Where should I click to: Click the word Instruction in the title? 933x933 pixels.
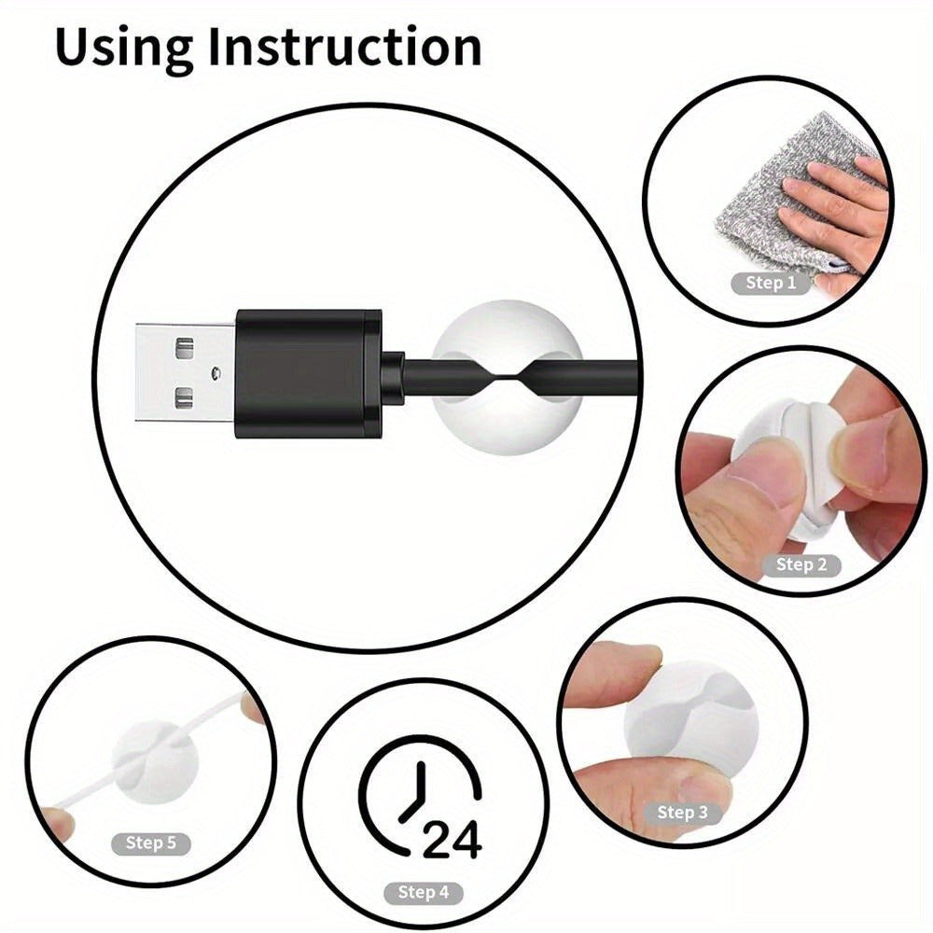tap(344, 47)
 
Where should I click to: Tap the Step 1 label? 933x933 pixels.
tap(772, 283)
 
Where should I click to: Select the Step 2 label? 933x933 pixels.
tap(801, 564)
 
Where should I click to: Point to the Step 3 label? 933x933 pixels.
tap(683, 813)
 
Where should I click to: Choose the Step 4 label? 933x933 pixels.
tap(423, 892)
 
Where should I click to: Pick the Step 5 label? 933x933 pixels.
tap(150, 843)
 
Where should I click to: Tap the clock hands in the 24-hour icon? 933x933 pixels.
tap(415, 791)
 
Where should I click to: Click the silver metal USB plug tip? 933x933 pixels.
tap(187, 374)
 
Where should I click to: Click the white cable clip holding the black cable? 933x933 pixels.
tap(507, 377)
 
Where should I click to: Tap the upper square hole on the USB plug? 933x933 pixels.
tap(185, 347)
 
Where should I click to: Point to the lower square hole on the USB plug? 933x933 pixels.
tap(185, 398)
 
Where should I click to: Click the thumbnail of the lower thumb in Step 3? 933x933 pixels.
tap(703, 787)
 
